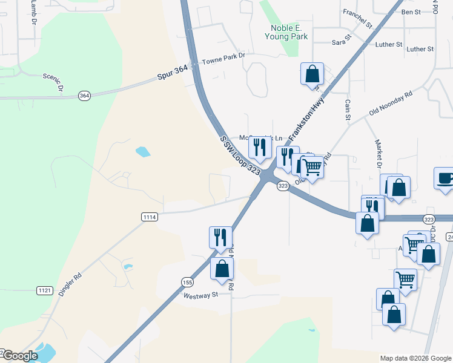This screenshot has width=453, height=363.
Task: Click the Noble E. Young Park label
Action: [x=286, y=32]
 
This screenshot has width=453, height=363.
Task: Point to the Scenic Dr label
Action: [x=53, y=82]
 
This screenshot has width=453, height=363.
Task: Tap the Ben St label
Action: [x=411, y=11]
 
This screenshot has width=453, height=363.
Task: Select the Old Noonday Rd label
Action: [x=391, y=103]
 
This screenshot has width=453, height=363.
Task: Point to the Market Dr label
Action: [x=378, y=154]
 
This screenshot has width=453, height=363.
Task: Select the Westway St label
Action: [x=201, y=295]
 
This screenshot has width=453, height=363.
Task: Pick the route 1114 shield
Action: [x=150, y=217]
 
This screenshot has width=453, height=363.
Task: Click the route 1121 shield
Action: [x=44, y=290]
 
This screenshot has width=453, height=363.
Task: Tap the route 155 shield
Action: [x=187, y=282]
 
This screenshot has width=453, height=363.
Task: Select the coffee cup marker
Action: [x=444, y=178]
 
